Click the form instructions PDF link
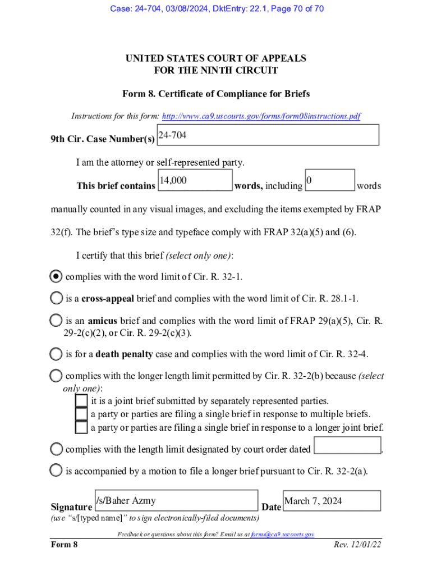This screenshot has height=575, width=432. [261, 116]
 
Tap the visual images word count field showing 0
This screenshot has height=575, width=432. [330, 180]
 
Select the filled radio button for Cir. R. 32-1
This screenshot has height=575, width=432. [56, 276]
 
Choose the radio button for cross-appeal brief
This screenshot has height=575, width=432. [56, 298]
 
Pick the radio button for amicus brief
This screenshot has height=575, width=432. [56, 321]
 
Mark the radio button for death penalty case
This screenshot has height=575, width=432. [56, 354]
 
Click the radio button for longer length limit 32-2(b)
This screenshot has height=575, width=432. [56, 376]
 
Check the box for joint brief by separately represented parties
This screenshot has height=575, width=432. [81, 400]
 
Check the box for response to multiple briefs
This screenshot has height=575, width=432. [81, 414]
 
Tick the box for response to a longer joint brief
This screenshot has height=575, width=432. [81, 427]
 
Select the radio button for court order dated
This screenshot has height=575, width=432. [56, 449]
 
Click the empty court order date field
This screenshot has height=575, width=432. [347, 445]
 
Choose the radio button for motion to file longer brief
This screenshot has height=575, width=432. [56, 471]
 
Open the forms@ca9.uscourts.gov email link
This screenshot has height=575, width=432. [282, 535]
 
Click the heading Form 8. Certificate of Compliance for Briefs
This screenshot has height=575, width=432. [216, 94]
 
